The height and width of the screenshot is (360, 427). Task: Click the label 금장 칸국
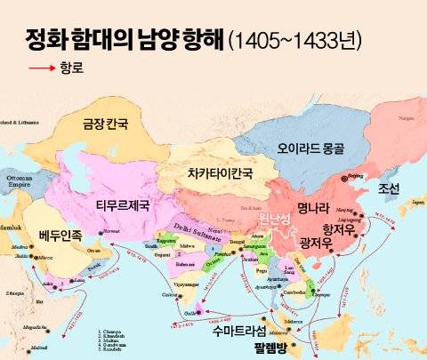point(105,124)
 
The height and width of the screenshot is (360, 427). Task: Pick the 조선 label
point(389,189)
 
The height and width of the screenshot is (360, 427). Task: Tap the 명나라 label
point(314,210)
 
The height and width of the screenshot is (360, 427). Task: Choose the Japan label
point(416,203)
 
